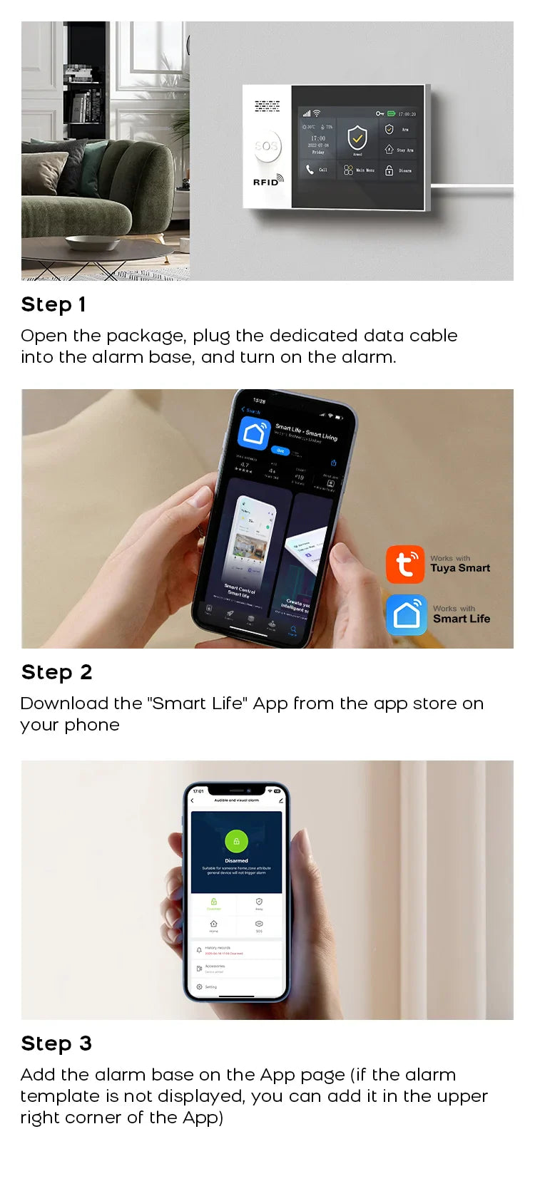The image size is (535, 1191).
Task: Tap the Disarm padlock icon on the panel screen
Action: click(x=389, y=170)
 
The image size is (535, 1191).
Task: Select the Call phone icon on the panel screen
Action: click(x=310, y=170)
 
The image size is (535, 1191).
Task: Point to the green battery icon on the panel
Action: click(x=391, y=113)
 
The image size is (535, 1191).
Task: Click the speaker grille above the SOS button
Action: click(x=267, y=107)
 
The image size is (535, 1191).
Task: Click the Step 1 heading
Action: click(x=53, y=304)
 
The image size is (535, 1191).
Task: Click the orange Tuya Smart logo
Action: click(x=405, y=564)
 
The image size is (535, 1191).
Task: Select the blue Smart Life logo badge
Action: click(x=407, y=614)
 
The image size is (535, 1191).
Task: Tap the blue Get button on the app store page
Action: click(x=280, y=450)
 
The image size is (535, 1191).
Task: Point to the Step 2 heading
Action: click(x=57, y=672)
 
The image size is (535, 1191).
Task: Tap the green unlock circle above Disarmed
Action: click(x=236, y=841)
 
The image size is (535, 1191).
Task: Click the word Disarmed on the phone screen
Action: click(x=236, y=860)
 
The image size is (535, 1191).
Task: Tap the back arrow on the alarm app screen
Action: click(x=193, y=800)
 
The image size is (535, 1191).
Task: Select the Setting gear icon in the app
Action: click(x=199, y=986)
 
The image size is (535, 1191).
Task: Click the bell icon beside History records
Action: click(x=199, y=950)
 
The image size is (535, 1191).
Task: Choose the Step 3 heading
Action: click(x=56, y=1043)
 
